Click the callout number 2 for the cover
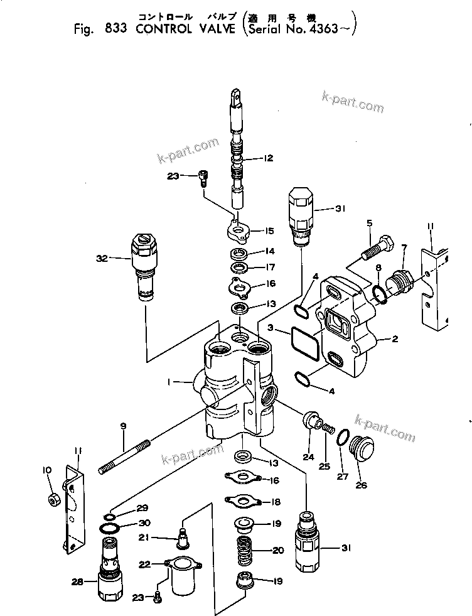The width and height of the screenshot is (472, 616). pos(395,340)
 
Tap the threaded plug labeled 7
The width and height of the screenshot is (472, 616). pos(400,278)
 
